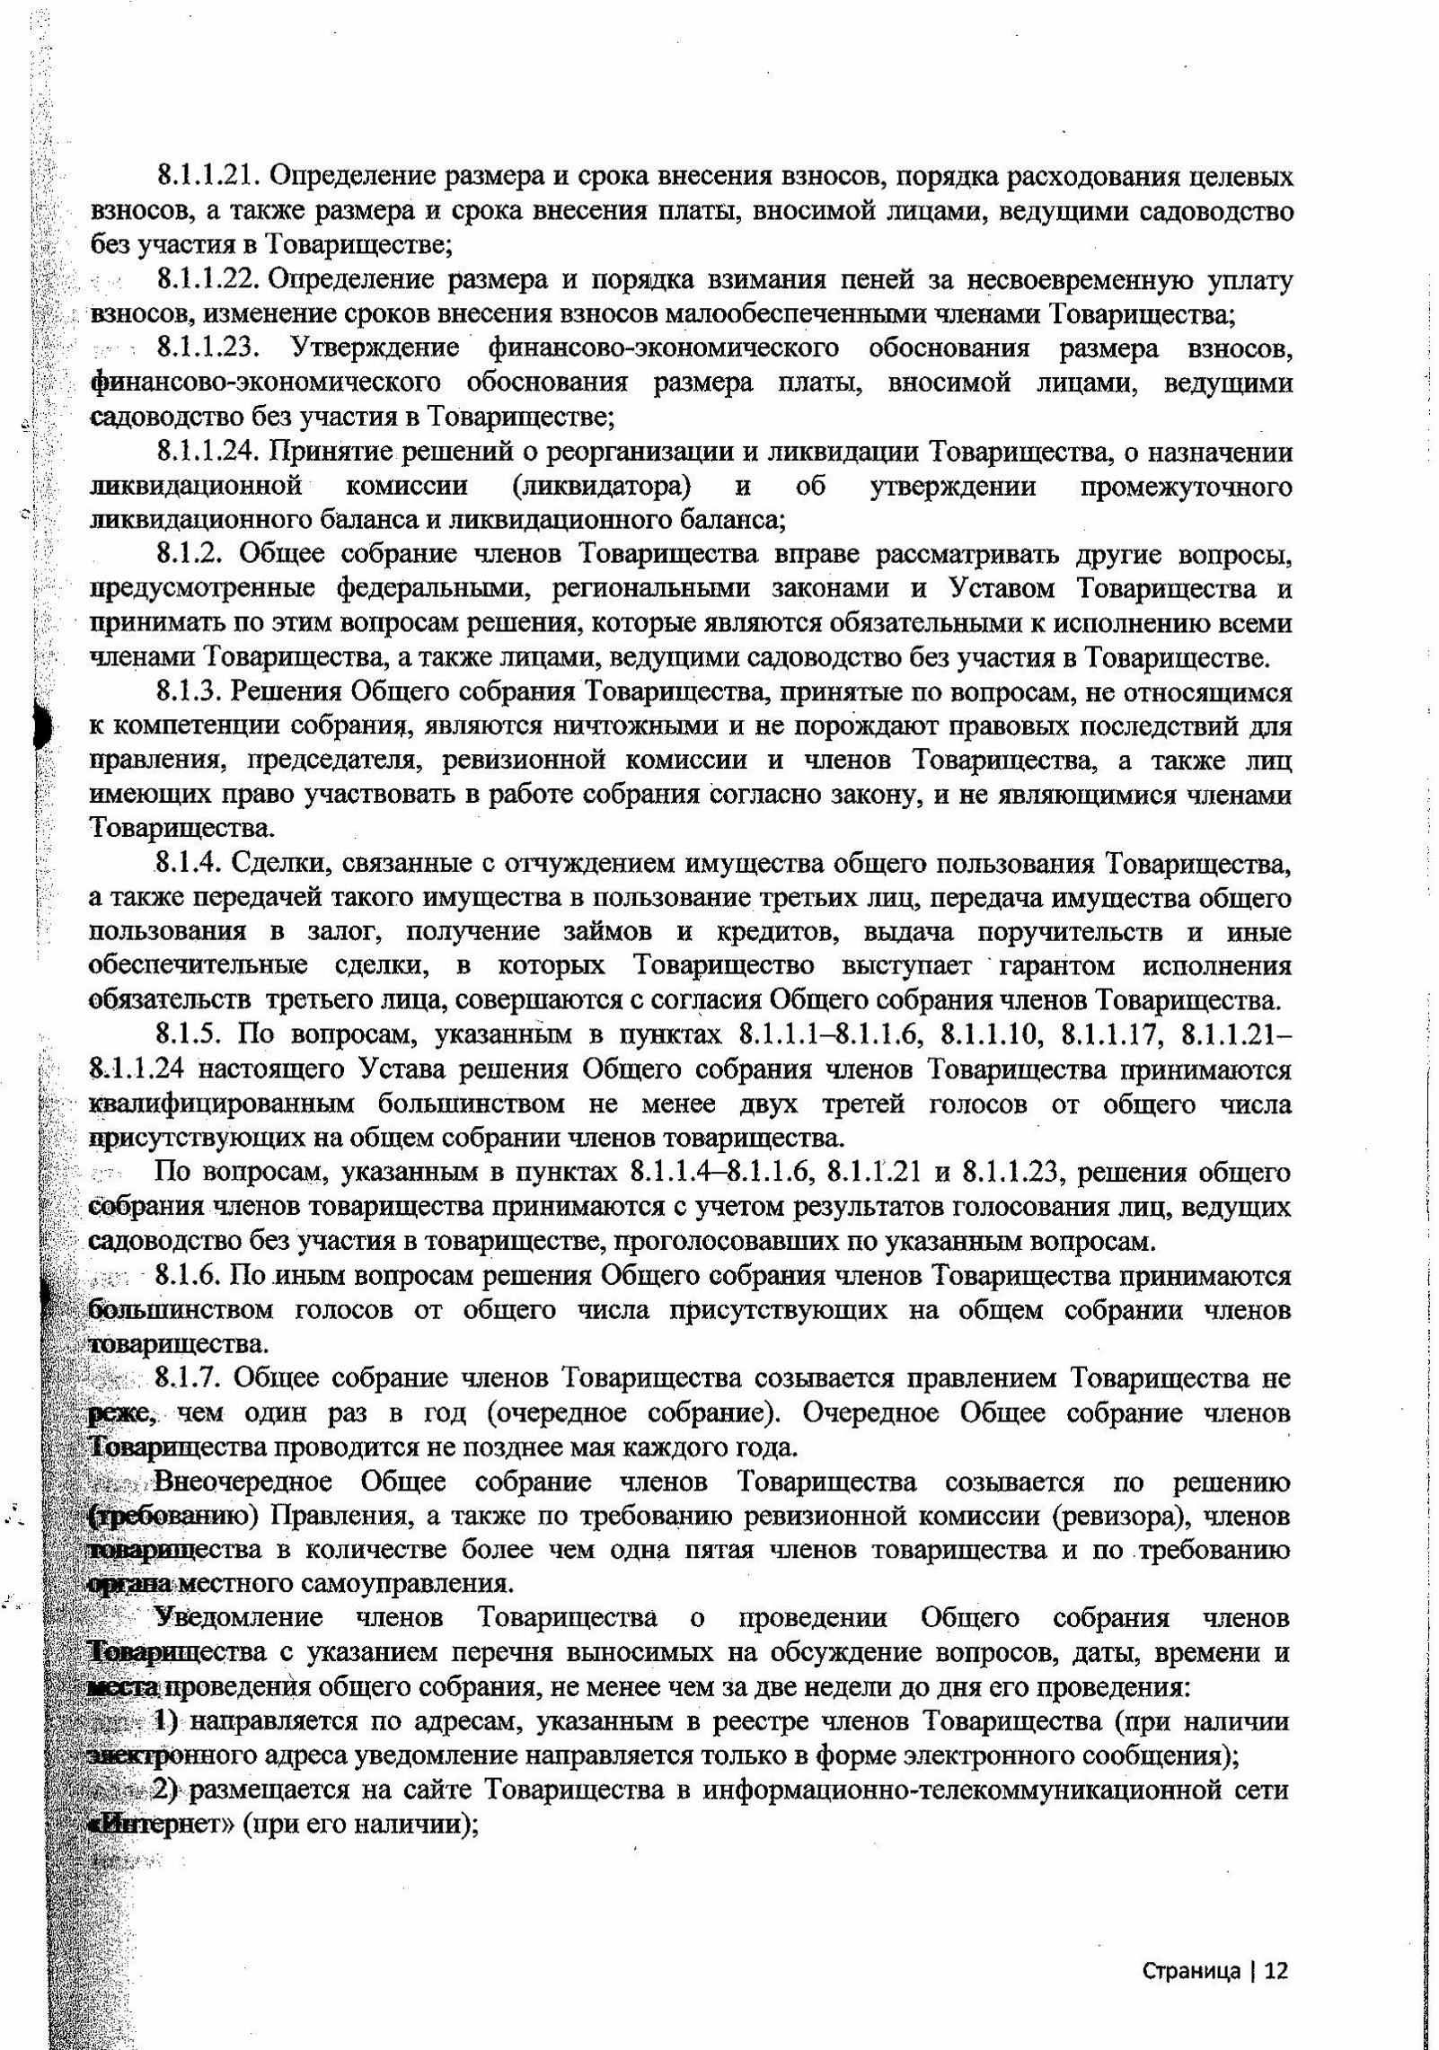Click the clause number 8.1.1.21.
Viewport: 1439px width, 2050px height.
click(x=208, y=176)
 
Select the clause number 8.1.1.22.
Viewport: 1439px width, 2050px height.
click(x=209, y=280)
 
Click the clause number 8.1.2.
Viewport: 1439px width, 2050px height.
click(x=191, y=555)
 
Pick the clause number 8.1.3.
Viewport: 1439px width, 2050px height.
click(x=191, y=692)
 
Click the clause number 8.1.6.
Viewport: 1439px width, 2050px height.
click(x=190, y=1275)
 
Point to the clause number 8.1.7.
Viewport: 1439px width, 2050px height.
click(x=190, y=1377)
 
